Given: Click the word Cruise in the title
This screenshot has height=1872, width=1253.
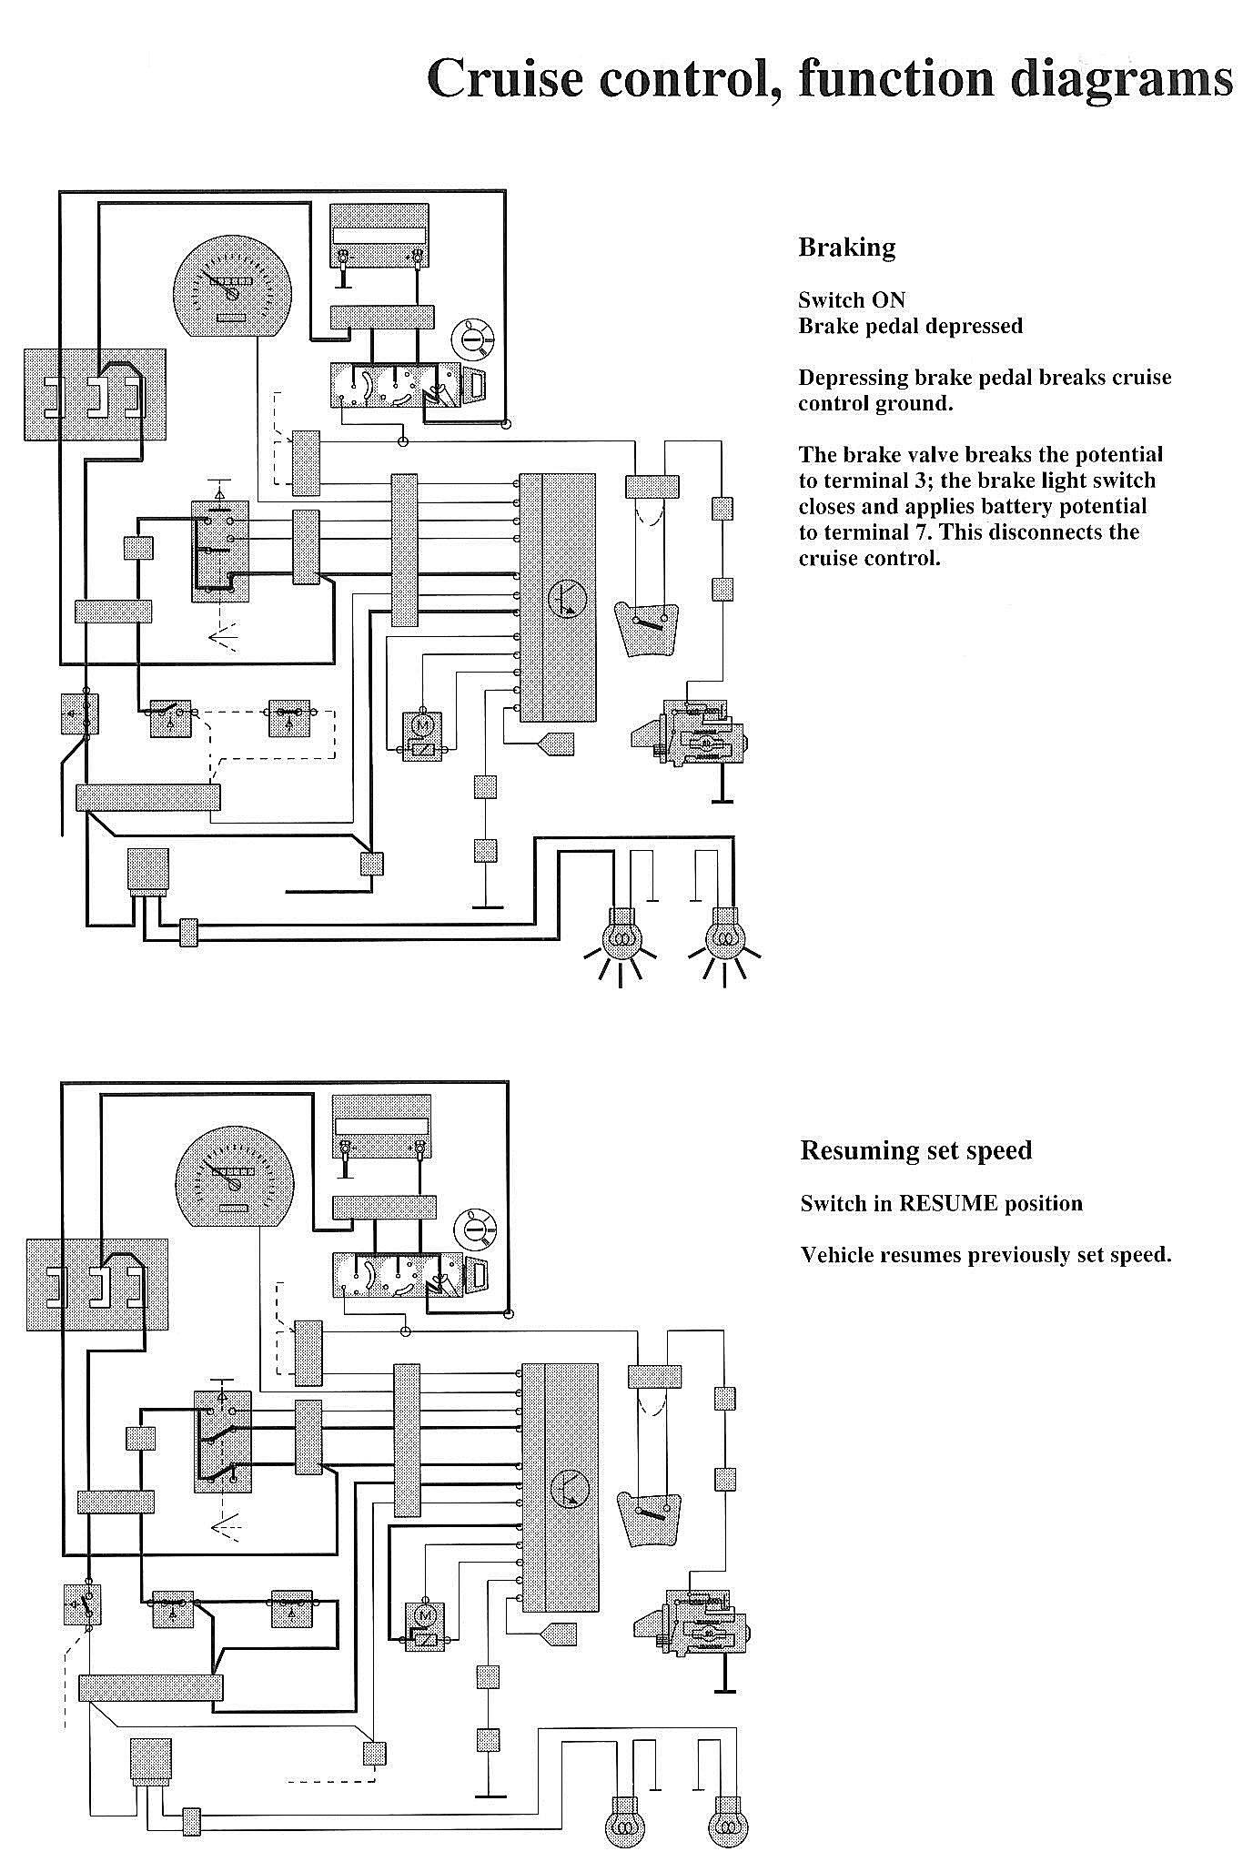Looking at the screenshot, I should tap(505, 79).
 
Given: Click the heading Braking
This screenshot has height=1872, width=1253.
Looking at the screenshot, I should tap(846, 248).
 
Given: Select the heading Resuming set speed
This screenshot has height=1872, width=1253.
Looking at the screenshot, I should tap(915, 1150).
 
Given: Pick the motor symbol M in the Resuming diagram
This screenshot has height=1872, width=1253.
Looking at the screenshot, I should tap(423, 1614).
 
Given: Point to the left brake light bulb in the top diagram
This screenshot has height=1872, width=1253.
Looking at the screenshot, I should tap(622, 939).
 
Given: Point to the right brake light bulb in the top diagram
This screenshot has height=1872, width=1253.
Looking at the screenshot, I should tap(725, 939).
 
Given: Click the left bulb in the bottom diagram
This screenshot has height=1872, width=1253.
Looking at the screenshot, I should tap(624, 1827).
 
